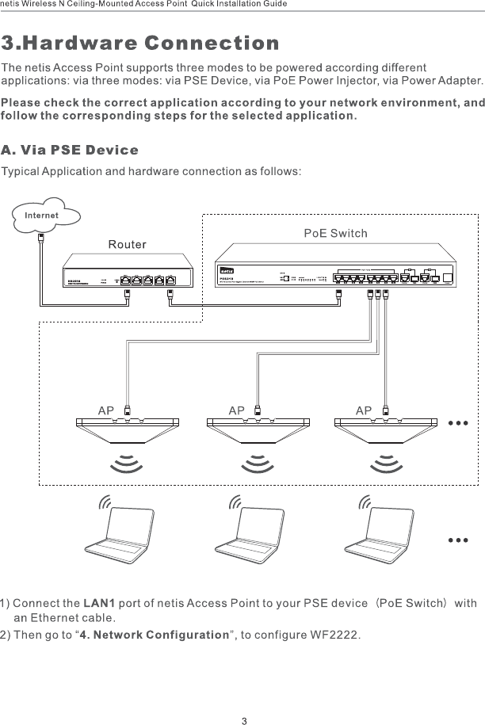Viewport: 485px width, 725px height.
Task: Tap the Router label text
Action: tap(128, 244)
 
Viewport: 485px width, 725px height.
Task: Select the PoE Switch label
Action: tap(336, 234)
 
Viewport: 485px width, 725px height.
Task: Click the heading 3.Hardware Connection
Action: tap(140, 42)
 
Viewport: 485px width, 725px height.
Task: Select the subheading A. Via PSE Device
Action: tap(70, 150)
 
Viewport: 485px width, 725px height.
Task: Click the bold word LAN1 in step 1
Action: tap(100, 604)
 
